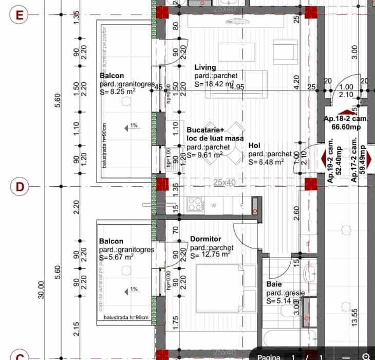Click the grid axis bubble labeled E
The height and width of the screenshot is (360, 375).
coord(20,14)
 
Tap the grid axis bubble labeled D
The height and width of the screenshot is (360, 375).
coord(20,186)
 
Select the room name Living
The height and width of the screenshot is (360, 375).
coord(205,67)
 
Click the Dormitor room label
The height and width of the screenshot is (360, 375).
coord(205,239)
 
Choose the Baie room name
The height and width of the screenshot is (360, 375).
coord(273,284)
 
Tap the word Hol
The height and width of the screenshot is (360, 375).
coord(254,146)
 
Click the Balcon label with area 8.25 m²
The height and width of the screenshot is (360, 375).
coord(111,76)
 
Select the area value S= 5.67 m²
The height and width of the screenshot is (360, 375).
coord(117,258)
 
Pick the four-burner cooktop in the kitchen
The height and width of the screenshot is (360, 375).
coord(195,204)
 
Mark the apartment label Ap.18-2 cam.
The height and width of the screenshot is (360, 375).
coord(343,119)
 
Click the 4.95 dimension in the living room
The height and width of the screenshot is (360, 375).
coord(237,87)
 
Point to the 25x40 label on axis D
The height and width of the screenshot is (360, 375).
coord(224,183)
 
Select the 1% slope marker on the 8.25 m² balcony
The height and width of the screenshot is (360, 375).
coord(133,125)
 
